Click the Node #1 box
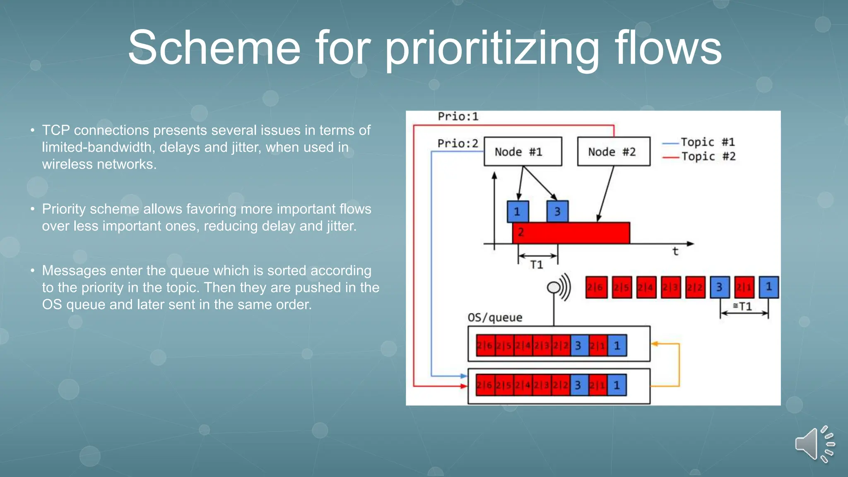point(523,152)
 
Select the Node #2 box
point(613,152)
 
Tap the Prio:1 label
point(458,117)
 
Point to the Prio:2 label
point(458,144)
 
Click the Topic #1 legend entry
point(707,142)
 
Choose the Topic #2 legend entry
point(708,157)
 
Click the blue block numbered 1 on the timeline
point(518,212)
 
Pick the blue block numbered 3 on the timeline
point(557,212)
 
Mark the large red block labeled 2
point(571,233)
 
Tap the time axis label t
point(675,251)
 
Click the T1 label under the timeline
point(537,265)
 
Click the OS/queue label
point(495,318)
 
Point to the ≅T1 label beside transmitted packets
point(743,306)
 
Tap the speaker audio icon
point(814,444)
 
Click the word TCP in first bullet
point(56,130)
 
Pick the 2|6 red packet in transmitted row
point(596,287)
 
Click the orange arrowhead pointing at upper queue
point(655,344)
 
